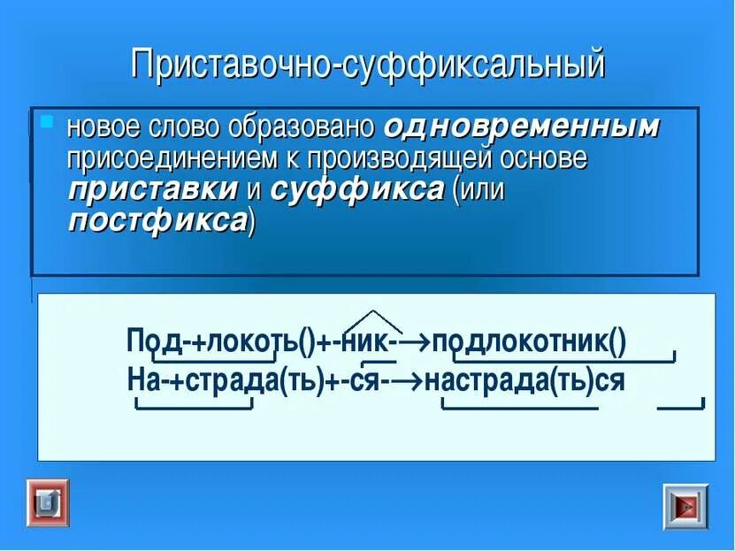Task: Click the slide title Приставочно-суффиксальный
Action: tap(368, 66)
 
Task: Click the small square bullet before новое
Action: tap(48, 119)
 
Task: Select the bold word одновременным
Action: tap(522, 126)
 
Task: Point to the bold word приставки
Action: tap(153, 189)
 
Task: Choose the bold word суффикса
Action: tap(356, 189)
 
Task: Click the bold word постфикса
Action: tap(157, 219)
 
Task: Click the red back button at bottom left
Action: tap(46, 504)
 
